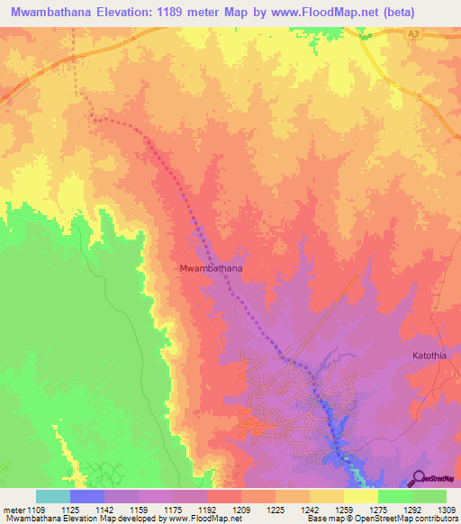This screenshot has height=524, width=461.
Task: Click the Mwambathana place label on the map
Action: point(212,268)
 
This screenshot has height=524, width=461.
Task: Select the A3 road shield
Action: point(413,32)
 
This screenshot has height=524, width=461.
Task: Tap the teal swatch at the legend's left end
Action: point(53,496)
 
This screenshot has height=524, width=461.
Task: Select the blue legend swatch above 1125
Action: point(87,496)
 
